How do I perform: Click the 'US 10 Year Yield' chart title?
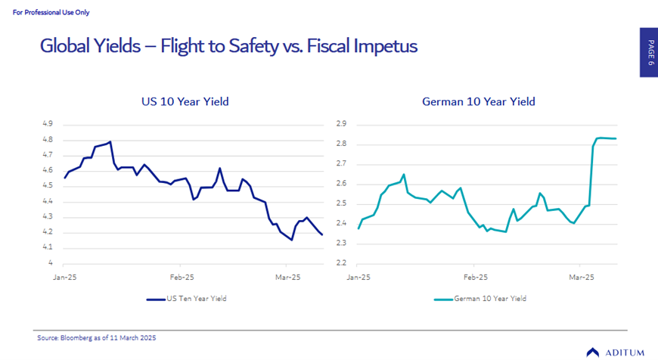(x=185, y=101)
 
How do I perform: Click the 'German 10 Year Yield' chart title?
(x=479, y=101)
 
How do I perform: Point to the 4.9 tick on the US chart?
(x=47, y=123)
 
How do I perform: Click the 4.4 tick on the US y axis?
(x=47, y=201)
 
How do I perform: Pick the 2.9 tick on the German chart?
(x=341, y=123)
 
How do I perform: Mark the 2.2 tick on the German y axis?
(x=341, y=263)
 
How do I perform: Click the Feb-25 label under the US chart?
(x=182, y=278)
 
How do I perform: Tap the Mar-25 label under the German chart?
(x=580, y=278)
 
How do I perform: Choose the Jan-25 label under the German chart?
(x=358, y=278)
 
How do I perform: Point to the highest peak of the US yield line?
(x=110, y=141)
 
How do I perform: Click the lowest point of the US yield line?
(x=292, y=240)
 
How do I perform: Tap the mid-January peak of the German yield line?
(x=404, y=175)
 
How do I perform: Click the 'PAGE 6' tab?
(x=649, y=52)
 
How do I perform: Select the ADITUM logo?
(x=615, y=352)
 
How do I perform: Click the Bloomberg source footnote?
(x=97, y=337)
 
